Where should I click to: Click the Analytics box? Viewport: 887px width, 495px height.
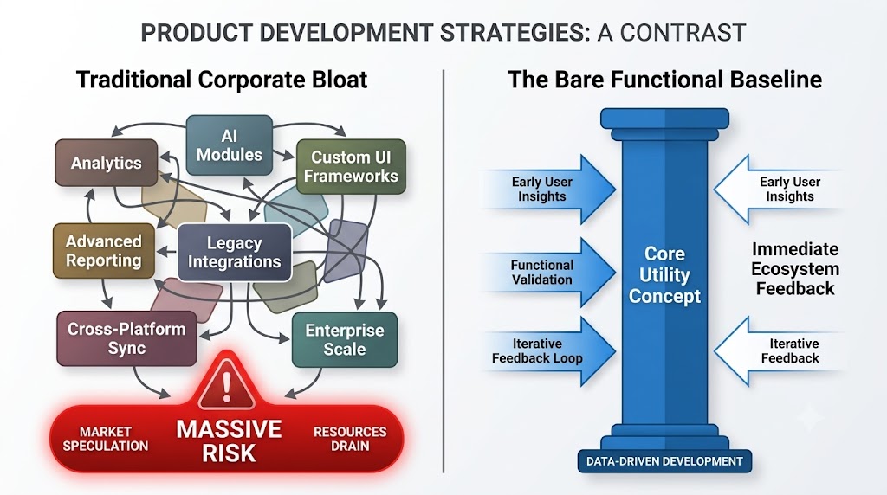(107, 163)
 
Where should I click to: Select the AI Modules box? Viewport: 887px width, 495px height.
(229, 145)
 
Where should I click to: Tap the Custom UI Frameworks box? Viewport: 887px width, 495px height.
(351, 167)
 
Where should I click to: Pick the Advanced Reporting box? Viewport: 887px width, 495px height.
(104, 251)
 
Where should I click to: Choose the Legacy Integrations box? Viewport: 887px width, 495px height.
(234, 252)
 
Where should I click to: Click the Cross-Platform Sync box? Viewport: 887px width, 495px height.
(126, 338)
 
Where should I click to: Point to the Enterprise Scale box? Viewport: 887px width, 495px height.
(345, 339)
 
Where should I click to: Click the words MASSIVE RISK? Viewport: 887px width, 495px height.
(229, 441)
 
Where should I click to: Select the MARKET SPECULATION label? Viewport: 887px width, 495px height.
(105, 439)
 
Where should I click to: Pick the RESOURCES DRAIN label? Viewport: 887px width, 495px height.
(350, 439)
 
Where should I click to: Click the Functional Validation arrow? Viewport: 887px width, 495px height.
(547, 273)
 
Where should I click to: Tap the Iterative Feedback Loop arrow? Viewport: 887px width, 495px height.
(547, 350)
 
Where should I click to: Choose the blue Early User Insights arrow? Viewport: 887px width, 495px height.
(547, 190)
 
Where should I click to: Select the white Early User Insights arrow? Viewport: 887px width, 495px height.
(780, 190)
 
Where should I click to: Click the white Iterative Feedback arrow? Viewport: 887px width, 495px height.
(780, 350)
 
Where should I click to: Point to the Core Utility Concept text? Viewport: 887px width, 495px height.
(664, 274)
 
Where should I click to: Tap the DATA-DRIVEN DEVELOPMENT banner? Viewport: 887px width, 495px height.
(664, 461)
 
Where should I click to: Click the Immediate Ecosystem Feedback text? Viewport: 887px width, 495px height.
(795, 269)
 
